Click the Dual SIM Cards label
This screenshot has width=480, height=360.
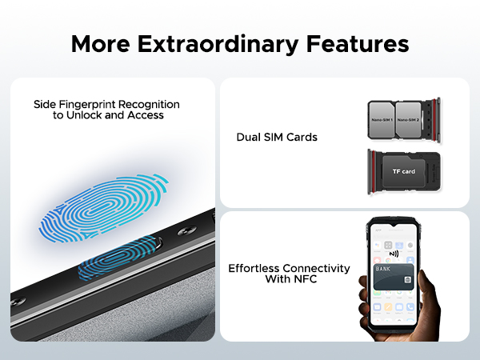coord(277,138)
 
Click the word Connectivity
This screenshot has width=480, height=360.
coord(317,268)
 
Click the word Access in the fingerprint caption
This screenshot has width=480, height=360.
coord(147,115)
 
